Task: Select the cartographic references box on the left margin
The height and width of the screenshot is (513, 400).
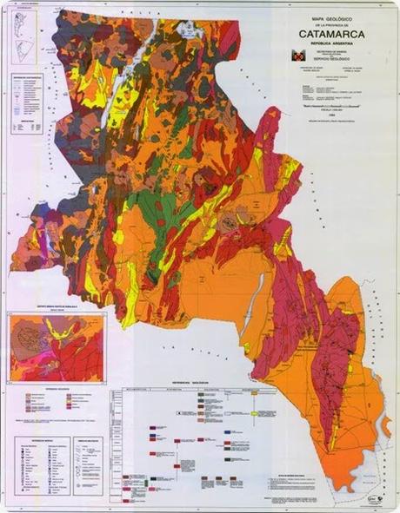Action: click(31, 104)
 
